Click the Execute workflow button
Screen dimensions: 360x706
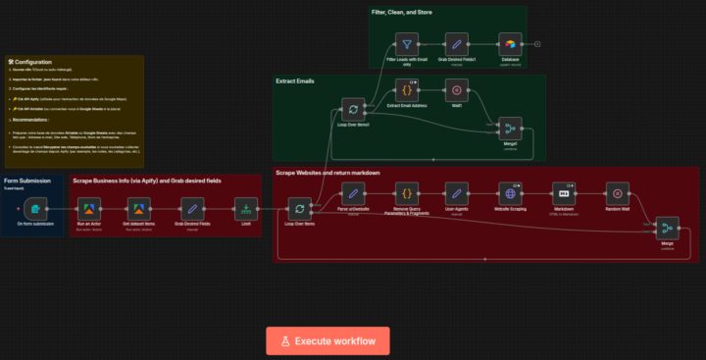pos(328,340)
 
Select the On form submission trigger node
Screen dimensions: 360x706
pos(36,209)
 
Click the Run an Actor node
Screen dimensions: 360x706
pos(88,209)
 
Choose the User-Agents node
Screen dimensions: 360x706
pos(456,191)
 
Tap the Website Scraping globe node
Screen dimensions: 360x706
pos(510,191)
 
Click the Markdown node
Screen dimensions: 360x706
pos(563,191)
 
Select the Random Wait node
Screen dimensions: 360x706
pos(615,191)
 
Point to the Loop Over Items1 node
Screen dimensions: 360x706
pos(351,109)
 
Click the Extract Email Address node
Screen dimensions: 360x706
pos(407,90)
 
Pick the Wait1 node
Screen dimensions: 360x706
pos(456,90)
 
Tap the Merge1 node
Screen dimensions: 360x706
pos(510,129)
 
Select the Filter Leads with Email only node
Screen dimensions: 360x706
pos(406,44)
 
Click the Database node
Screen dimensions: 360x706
pos(510,44)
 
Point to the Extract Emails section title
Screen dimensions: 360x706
pos(295,80)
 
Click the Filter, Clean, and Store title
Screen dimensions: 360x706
pos(402,12)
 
